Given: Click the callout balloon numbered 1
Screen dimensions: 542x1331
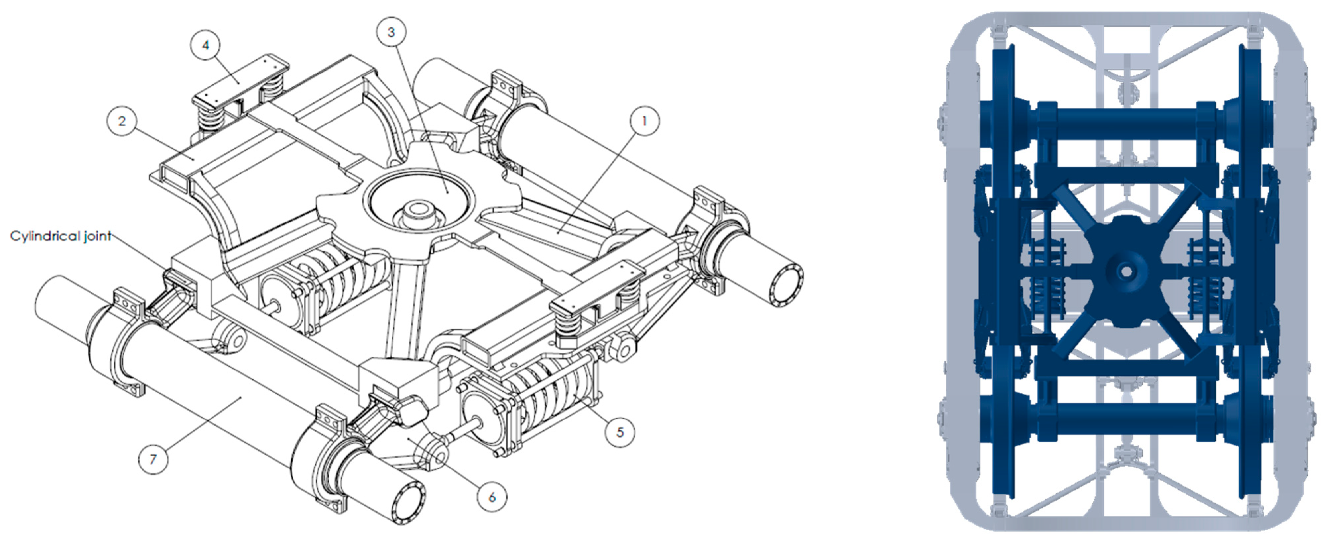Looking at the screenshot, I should (x=644, y=121).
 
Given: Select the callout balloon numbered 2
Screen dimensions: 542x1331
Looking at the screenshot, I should (x=122, y=121).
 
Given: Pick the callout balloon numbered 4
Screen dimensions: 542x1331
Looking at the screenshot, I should (x=205, y=45).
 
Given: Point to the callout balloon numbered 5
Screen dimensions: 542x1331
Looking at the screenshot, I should (x=620, y=432).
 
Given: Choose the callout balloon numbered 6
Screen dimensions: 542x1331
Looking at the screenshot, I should (x=492, y=497).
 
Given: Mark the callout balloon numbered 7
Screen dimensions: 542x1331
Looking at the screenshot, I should (x=153, y=459).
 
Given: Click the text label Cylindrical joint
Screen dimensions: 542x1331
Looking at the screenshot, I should (x=60, y=236).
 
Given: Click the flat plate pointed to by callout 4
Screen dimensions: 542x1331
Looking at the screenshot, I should (x=240, y=80).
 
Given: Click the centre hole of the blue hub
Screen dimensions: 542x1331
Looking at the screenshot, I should (x=1126, y=271).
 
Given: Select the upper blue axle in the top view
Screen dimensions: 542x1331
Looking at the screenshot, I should (x=1126, y=125).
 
